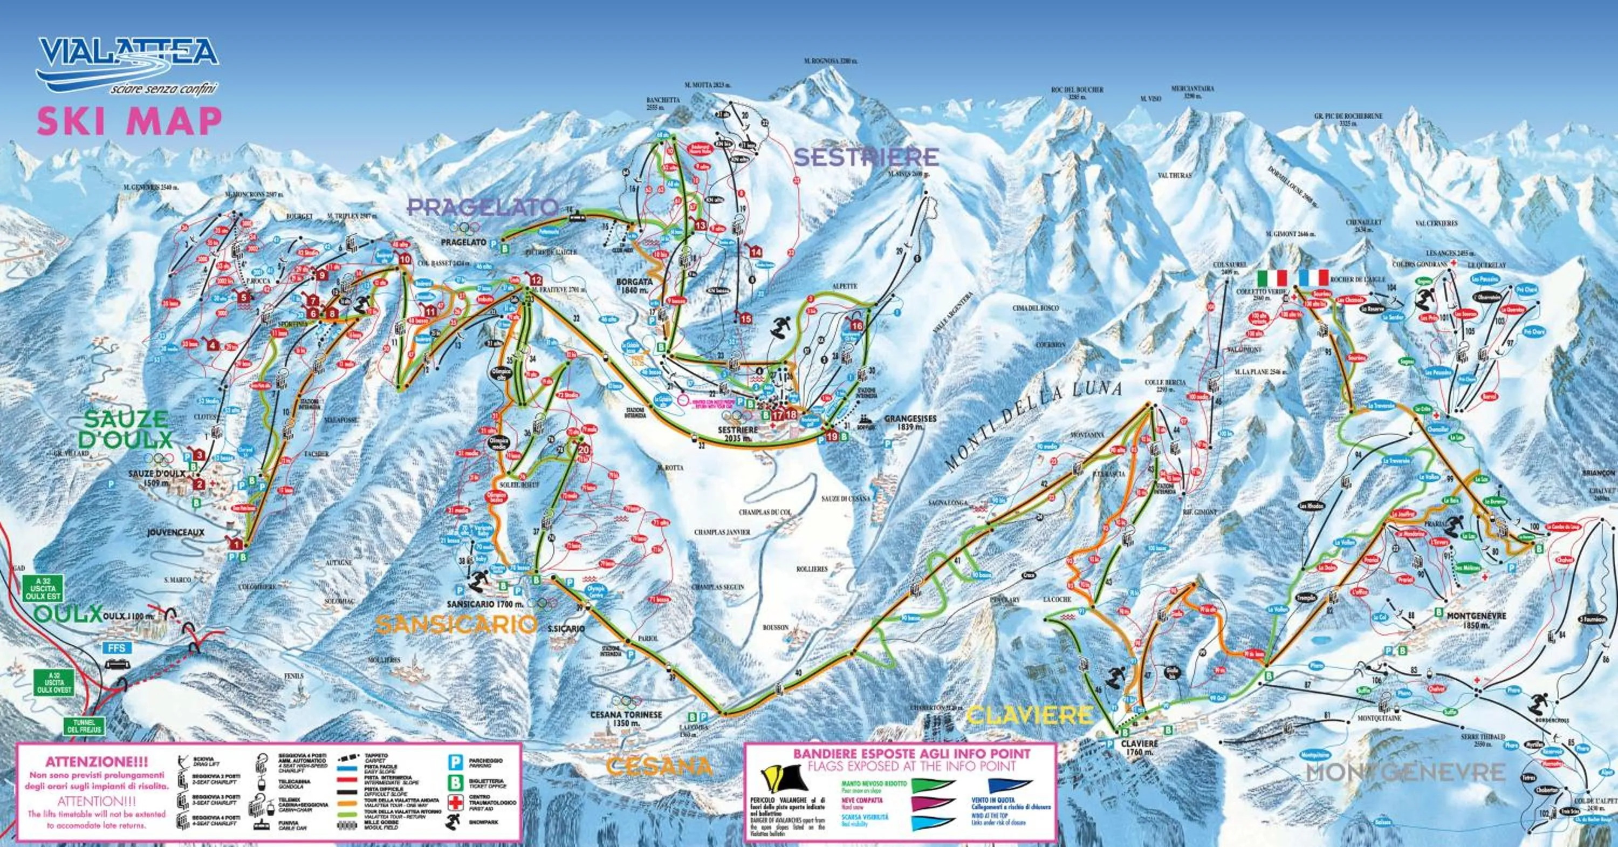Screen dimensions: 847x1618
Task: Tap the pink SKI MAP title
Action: (x=129, y=121)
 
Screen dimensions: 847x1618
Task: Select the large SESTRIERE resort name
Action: (x=867, y=157)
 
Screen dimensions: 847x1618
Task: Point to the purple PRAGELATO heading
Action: (x=482, y=207)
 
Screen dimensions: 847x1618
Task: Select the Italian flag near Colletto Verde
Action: (x=1272, y=278)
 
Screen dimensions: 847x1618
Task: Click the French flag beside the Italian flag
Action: (x=1313, y=278)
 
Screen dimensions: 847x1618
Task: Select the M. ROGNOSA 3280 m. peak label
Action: (x=831, y=62)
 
